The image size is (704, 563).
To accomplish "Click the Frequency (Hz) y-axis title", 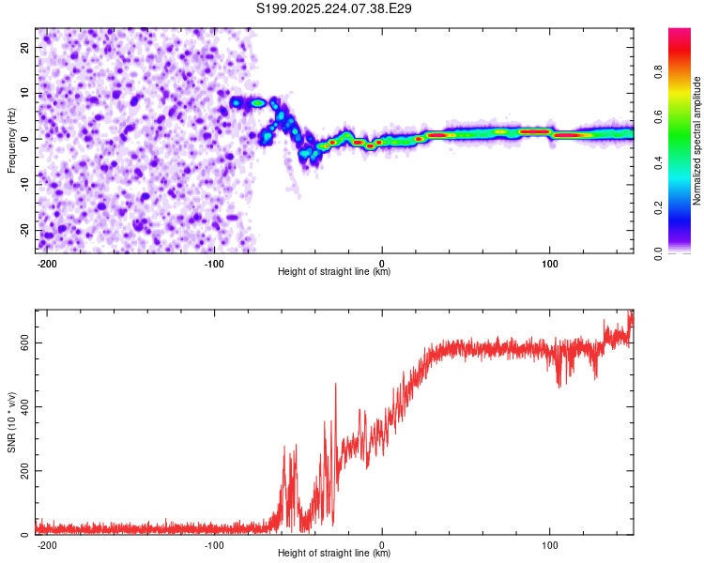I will (11, 140).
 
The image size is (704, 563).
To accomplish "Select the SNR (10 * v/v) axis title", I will (11, 421).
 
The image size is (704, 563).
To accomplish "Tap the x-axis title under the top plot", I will (334, 271).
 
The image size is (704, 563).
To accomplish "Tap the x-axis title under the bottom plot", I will (334, 553).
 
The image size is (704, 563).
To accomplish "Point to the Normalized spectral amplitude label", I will (697, 141).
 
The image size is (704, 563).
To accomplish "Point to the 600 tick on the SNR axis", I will (25, 342).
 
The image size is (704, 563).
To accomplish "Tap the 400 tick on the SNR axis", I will (25, 406).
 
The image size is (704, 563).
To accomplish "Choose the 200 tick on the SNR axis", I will (25, 470).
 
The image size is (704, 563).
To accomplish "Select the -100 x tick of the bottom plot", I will (214, 543).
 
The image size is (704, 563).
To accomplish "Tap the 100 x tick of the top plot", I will (549, 262).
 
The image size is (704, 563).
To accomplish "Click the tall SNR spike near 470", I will (335, 385).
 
